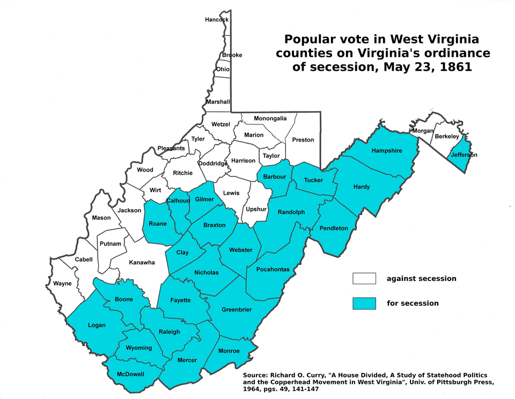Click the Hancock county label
click(217, 20)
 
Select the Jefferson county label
click(464, 155)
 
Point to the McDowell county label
click(130, 374)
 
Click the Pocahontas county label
click(273, 269)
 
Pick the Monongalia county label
click(270, 118)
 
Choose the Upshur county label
click(255, 209)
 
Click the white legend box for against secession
click(364, 278)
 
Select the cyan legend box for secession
click(364, 303)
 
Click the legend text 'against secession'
click(421, 278)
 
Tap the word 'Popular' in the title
click(307, 40)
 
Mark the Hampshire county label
click(386, 151)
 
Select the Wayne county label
click(62, 283)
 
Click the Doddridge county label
click(213, 164)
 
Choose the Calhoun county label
click(178, 201)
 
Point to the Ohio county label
click(223, 69)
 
